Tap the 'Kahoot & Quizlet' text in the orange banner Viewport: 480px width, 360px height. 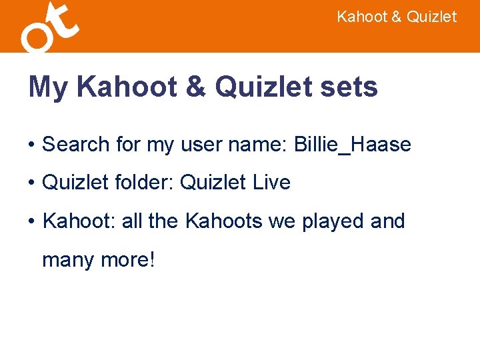coord(397,17)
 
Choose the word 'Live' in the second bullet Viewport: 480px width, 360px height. coord(270,183)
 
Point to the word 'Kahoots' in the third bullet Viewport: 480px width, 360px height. coord(224,221)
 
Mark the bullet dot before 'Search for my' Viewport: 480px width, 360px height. coord(31,145)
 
